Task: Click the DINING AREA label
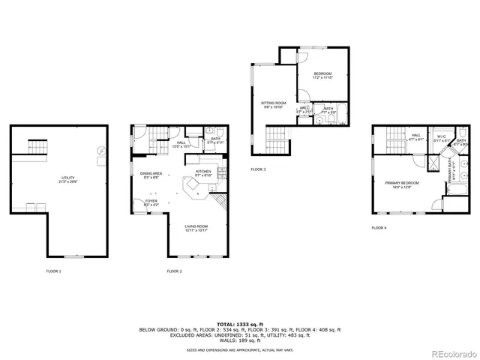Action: (x=151, y=175)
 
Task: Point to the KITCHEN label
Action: (x=203, y=172)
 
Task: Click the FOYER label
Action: (x=151, y=202)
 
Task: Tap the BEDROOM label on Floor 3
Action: (x=322, y=74)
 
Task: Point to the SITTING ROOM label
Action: (x=274, y=104)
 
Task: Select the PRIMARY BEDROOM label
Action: (x=402, y=184)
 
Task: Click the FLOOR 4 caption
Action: (x=380, y=227)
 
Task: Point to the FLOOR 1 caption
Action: (x=54, y=270)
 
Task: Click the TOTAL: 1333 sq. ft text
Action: (x=239, y=323)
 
